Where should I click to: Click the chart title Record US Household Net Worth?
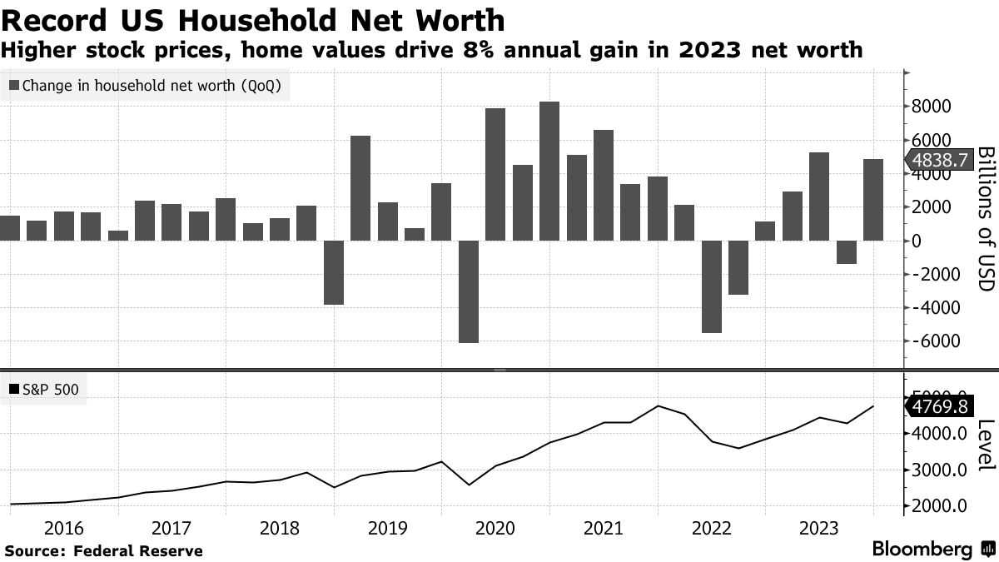click(253, 19)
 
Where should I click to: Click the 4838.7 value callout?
click(940, 161)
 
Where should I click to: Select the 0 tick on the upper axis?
click(917, 241)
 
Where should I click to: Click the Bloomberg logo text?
click(922, 550)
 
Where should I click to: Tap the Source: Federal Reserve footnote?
click(104, 550)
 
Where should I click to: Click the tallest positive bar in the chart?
click(549, 171)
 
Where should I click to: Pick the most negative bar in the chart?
click(469, 291)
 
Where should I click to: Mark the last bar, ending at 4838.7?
click(873, 200)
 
